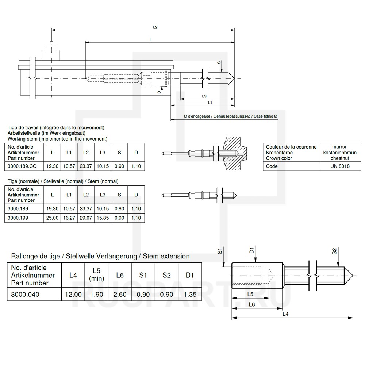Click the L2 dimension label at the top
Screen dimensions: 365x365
pyautogui.click(x=155, y=27)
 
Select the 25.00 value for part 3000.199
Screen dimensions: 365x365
pyautogui.click(x=52, y=218)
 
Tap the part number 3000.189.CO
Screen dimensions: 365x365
pyautogui.click(x=22, y=166)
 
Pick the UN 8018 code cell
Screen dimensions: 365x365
pyautogui.click(x=340, y=166)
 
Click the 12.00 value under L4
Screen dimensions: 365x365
pyautogui.click(x=73, y=295)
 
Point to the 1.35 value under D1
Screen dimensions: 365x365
pyautogui.click(x=190, y=295)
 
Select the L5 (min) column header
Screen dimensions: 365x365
pyautogui.click(x=97, y=274)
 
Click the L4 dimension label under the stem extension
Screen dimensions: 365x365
pyautogui.click(x=285, y=314)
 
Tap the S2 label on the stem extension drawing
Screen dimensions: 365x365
pyautogui.click(x=334, y=251)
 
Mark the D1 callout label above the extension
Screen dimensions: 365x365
pyautogui.click(x=251, y=250)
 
